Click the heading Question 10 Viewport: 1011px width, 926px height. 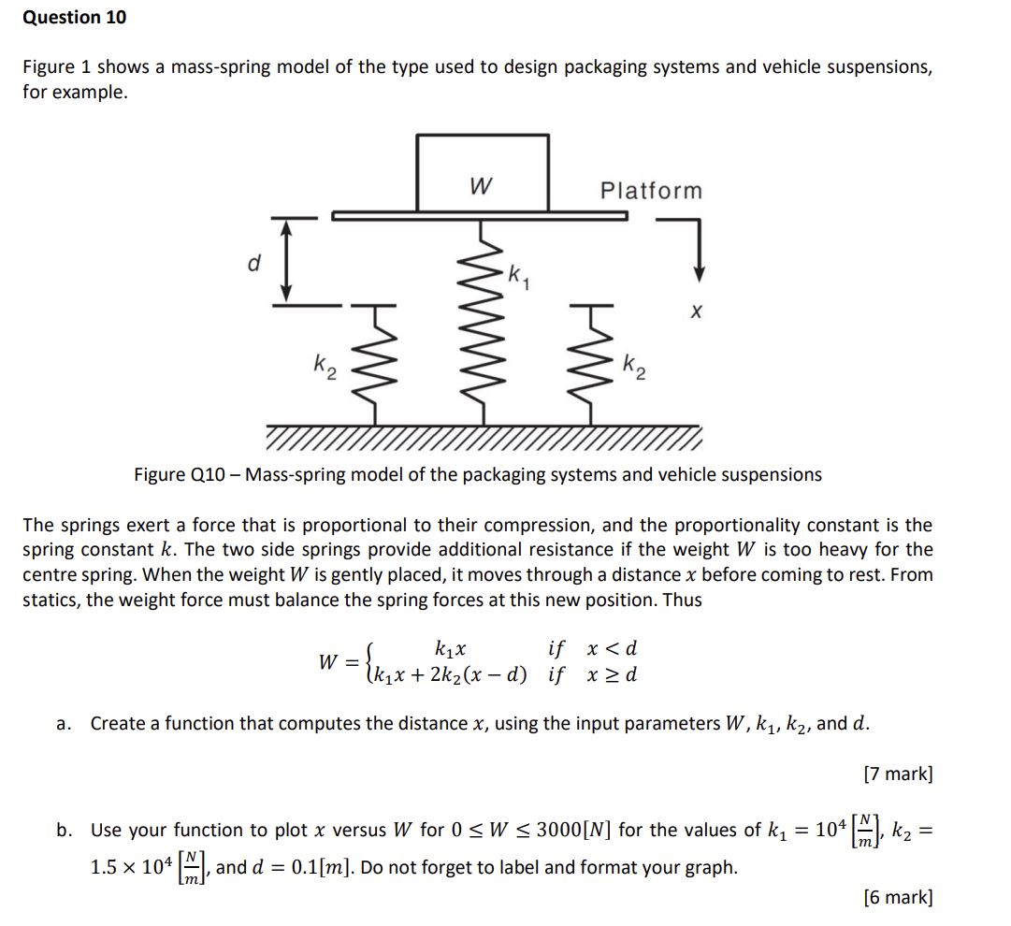click(x=74, y=17)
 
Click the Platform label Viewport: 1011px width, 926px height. click(x=651, y=191)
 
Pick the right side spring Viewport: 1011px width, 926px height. click(x=591, y=365)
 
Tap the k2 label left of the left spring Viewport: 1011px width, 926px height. click(x=323, y=364)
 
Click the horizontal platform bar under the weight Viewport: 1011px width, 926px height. click(x=479, y=215)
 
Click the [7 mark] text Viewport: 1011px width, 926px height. click(x=898, y=774)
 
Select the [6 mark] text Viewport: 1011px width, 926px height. click(x=898, y=897)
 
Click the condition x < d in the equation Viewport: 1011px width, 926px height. click(x=612, y=648)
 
